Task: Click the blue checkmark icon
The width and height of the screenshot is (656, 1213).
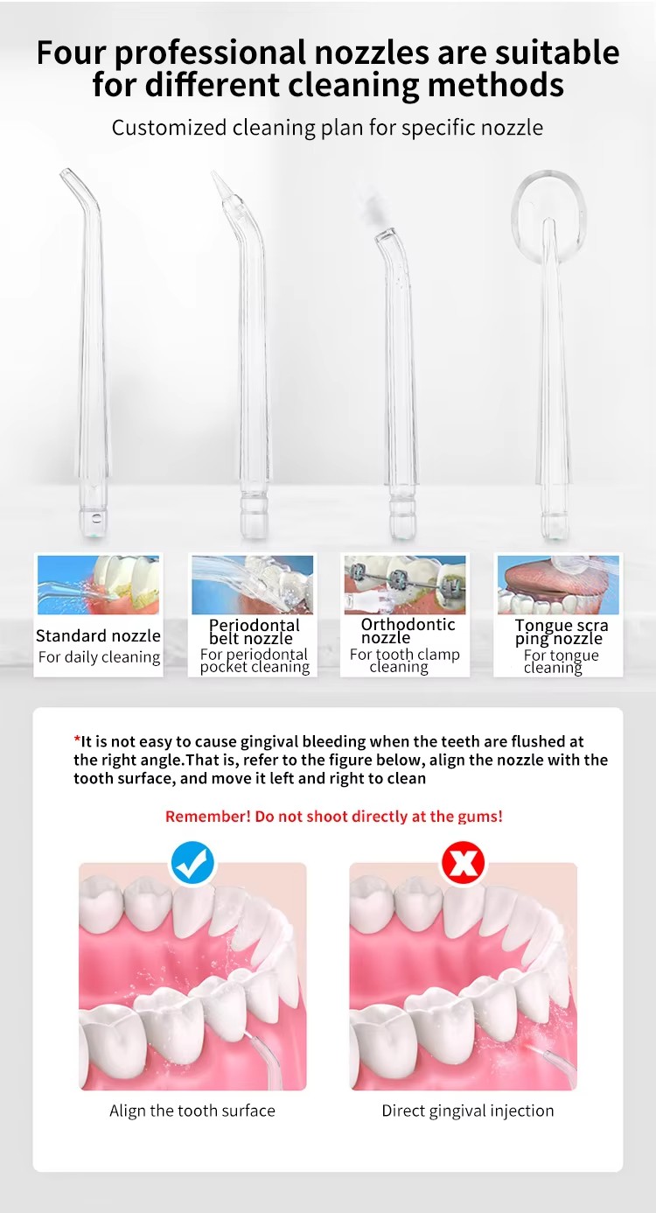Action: coord(192,864)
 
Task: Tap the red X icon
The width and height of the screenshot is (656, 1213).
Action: coord(464,863)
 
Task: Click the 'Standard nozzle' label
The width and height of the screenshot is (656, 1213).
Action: coord(98,635)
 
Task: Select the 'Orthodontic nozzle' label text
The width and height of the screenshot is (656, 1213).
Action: coord(408,631)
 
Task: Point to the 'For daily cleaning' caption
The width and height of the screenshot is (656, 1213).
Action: coord(99,657)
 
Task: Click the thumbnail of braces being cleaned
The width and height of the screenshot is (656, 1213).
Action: coord(405,585)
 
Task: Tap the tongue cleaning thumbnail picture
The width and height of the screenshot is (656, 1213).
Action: coord(558,585)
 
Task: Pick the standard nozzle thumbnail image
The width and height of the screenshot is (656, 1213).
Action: coord(99,585)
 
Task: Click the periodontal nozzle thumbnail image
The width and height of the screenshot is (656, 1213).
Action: coord(252,585)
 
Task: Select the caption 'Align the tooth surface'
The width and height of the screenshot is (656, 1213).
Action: coord(192,1111)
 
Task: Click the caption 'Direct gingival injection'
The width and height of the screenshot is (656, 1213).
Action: coord(468,1111)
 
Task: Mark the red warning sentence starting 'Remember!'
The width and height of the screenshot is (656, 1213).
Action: coord(334,816)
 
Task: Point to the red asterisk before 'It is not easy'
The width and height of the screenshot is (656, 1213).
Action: coord(77,739)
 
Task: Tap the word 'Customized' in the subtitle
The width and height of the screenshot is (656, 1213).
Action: coord(169,128)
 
